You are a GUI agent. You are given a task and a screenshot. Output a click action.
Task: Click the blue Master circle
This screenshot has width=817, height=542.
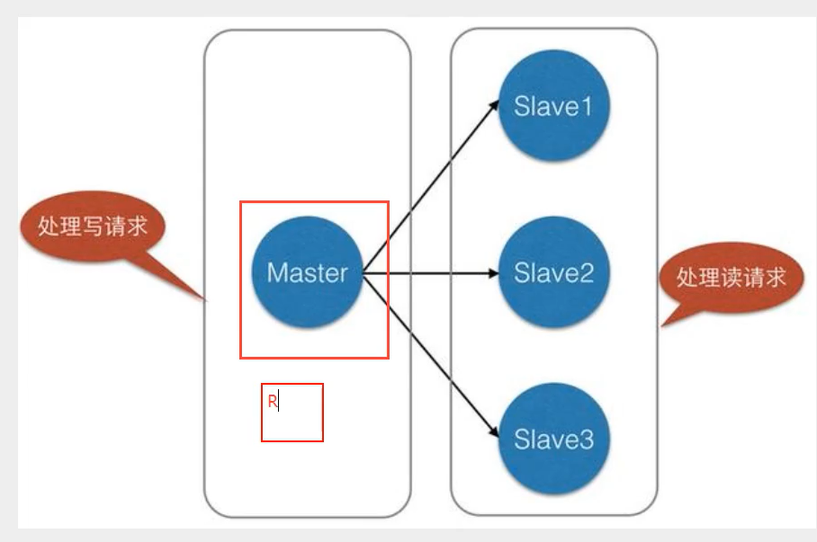306,273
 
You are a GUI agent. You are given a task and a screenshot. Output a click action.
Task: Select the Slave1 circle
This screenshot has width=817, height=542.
553,106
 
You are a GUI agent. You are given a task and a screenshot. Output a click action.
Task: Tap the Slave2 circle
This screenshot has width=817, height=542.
553,273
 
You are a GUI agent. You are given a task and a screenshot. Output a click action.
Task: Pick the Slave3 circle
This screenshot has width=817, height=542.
553,440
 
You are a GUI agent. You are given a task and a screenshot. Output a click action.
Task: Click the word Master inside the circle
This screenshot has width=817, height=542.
307,273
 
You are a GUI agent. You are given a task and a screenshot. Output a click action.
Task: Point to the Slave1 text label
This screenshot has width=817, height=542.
553,107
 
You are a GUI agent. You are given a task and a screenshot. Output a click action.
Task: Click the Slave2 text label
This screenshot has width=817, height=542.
553,273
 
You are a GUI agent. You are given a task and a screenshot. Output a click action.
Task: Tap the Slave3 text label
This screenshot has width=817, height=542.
553,440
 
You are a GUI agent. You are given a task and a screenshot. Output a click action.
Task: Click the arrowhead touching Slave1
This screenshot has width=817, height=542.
495,102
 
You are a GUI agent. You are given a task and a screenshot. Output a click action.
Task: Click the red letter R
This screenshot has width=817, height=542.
272,402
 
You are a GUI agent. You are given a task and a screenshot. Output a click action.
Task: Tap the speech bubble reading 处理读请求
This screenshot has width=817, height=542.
731,277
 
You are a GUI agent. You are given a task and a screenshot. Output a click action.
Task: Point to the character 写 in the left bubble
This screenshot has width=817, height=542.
93,227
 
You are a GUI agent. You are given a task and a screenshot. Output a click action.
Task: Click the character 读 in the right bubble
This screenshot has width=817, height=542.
731,277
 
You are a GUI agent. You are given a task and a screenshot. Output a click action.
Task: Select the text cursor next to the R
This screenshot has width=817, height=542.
279,403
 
